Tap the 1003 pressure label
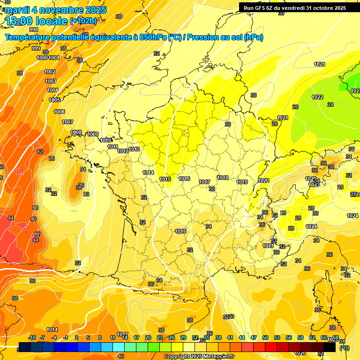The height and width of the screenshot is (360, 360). pyautogui.click(x=51, y=81)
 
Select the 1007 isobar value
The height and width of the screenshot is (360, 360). pyautogui.click(x=67, y=122)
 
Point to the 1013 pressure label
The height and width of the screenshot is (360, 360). pyautogui.click(x=134, y=149)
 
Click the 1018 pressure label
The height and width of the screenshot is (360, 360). pyautogui.click(x=223, y=178)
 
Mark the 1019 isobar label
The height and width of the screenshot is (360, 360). pyautogui.click(x=242, y=182)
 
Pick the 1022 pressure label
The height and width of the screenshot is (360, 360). pyautogui.click(x=317, y=97)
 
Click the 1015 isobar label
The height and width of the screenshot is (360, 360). pyautogui.click(x=165, y=179)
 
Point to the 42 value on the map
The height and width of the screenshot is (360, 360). pyautogui.click(x=40, y=151)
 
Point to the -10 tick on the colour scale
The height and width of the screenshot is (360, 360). pyautogui.click(x=32, y=337)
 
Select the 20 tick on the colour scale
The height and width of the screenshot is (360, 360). pyautogui.click(x=148, y=337)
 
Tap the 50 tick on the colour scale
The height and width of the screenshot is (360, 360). pyautogui.click(x=265, y=337)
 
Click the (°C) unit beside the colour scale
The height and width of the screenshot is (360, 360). pyautogui.click(x=344, y=348)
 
